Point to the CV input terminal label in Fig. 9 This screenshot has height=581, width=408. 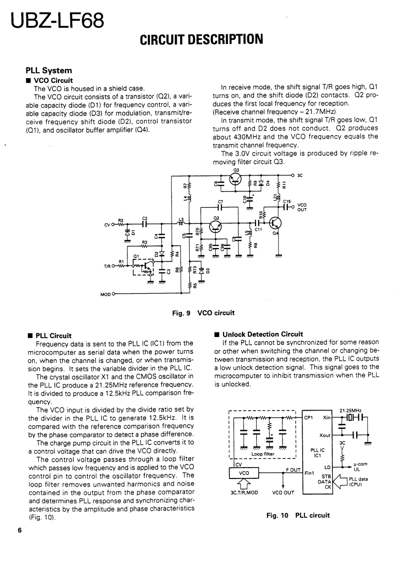point(107,225)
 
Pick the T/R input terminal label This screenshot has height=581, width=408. point(108,267)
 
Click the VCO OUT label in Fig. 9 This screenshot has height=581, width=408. point(302,207)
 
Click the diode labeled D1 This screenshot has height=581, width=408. point(128,233)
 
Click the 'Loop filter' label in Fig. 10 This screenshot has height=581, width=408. point(262,454)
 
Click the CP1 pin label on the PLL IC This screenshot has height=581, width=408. point(308,417)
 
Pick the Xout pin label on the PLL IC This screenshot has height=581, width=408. point(326,435)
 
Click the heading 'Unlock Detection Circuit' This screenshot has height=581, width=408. point(262,334)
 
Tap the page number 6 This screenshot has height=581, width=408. point(19,530)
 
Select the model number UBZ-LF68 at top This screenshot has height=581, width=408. point(55,21)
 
